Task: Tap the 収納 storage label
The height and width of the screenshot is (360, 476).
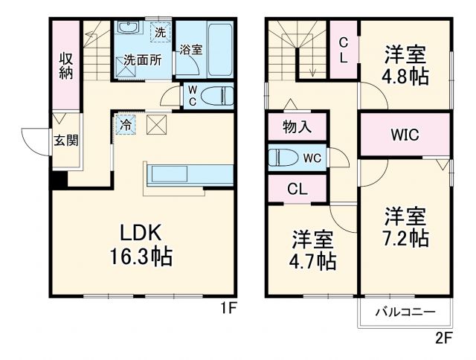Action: [x=66, y=65]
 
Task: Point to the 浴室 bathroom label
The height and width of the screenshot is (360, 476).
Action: [x=190, y=50]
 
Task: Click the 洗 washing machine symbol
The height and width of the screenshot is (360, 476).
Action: [x=161, y=32]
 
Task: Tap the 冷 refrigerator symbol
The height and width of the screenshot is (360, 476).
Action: [x=127, y=125]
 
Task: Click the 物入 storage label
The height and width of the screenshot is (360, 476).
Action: [x=297, y=127]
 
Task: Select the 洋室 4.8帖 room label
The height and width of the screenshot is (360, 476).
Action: [x=405, y=64]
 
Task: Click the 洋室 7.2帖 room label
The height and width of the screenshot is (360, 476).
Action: [x=406, y=228]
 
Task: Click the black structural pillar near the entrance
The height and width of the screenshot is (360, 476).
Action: [x=59, y=180]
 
